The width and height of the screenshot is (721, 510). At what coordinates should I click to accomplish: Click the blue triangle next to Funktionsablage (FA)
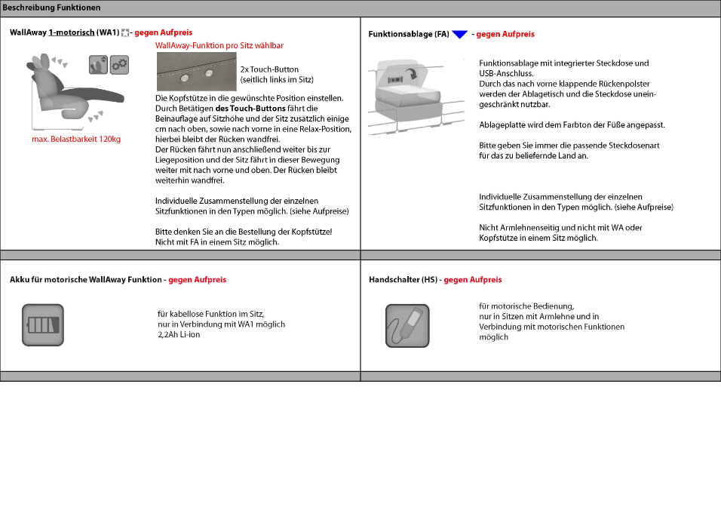pyautogui.click(x=459, y=35)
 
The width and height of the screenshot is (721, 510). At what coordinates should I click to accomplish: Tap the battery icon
pyautogui.click(x=42, y=325)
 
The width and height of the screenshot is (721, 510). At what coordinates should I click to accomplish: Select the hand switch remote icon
pyautogui.click(x=407, y=326)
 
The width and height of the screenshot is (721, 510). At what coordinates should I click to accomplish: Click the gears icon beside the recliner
pyautogui.click(x=119, y=64)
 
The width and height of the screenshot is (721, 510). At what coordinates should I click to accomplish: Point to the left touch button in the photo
pyautogui.click(x=185, y=75)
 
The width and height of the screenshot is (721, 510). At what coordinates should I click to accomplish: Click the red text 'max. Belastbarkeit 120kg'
pyautogui.click(x=76, y=140)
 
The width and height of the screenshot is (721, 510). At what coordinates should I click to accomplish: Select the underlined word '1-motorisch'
pyautogui.click(x=71, y=33)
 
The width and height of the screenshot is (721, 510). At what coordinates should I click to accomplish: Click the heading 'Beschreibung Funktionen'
pyautogui.click(x=51, y=8)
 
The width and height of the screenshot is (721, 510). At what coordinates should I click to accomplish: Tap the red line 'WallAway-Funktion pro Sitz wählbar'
pyautogui.click(x=219, y=46)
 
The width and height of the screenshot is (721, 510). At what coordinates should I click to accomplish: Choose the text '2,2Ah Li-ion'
pyautogui.click(x=179, y=335)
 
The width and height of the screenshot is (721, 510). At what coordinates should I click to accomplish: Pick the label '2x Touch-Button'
pyautogui.click(x=269, y=69)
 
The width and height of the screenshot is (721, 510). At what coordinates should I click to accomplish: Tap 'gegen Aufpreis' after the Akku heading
pyautogui.click(x=197, y=280)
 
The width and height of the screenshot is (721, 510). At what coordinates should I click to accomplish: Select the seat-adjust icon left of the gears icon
pyautogui.click(x=97, y=64)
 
